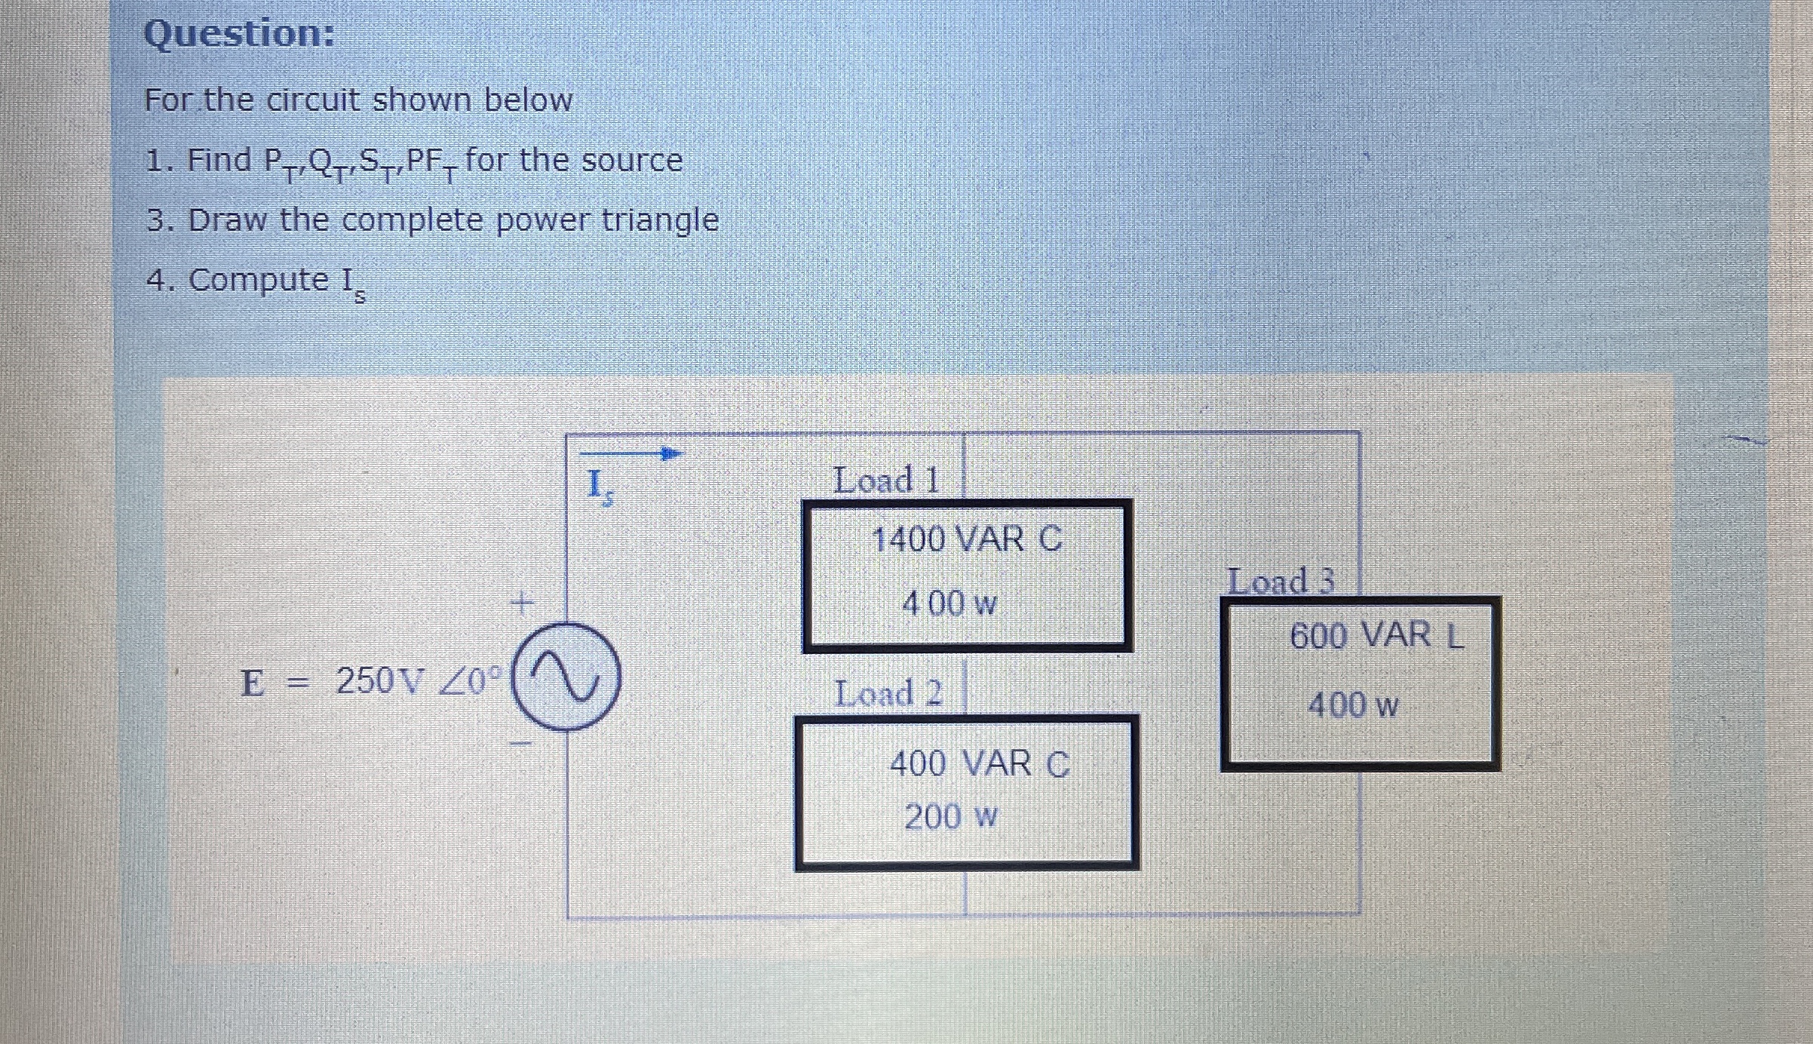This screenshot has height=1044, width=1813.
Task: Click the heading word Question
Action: [x=238, y=35]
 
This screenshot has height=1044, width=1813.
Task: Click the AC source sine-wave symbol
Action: [x=567, y=677]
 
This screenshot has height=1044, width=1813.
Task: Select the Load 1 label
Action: [x=887, y=481]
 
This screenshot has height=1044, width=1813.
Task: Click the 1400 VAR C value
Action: [x=967, y=539]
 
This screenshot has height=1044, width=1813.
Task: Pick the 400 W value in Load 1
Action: [x=949, y=603]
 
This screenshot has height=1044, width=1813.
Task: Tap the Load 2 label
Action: [x=888, y=693]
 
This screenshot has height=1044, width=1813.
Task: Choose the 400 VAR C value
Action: [x=980, y=763]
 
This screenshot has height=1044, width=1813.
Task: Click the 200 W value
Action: [x=951, y=817]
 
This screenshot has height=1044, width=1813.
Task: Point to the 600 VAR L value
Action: [x=1377, y=635]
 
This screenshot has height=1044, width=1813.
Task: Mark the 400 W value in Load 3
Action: [x=1353, y=705]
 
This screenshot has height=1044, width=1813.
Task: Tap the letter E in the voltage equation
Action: [x=253, y=683]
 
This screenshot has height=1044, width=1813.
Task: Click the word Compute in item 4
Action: [x=258, y=280]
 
